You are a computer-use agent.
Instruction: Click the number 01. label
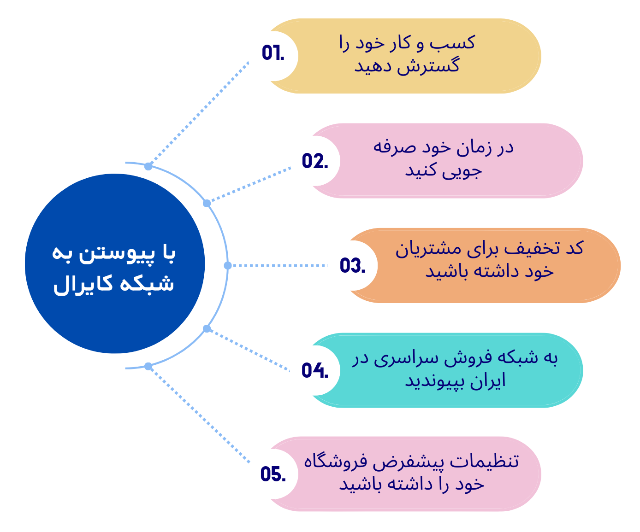click(x=273, y=53)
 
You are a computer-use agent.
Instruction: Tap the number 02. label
click(x=315, y=161)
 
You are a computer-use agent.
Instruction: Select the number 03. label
click(x=352, y=265)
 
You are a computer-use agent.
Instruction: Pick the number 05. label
click(x=273, y=474)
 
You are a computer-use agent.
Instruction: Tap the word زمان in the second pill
click(x=474, y=148)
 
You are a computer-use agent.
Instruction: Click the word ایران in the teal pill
click(x=488, y=381)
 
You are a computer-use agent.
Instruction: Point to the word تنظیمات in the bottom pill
click(x=484, y=461)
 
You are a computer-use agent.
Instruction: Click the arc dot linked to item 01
click(x=148, y=166)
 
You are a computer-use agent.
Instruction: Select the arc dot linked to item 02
click(x=207, y=203)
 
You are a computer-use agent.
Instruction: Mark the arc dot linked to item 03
click(x=228, y=266)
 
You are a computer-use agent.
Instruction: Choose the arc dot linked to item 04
click(x=207, y=328)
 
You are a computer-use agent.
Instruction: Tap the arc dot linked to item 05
click(x=148, y=366)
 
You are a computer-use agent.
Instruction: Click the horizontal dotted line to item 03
click(x=280, y=266)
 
